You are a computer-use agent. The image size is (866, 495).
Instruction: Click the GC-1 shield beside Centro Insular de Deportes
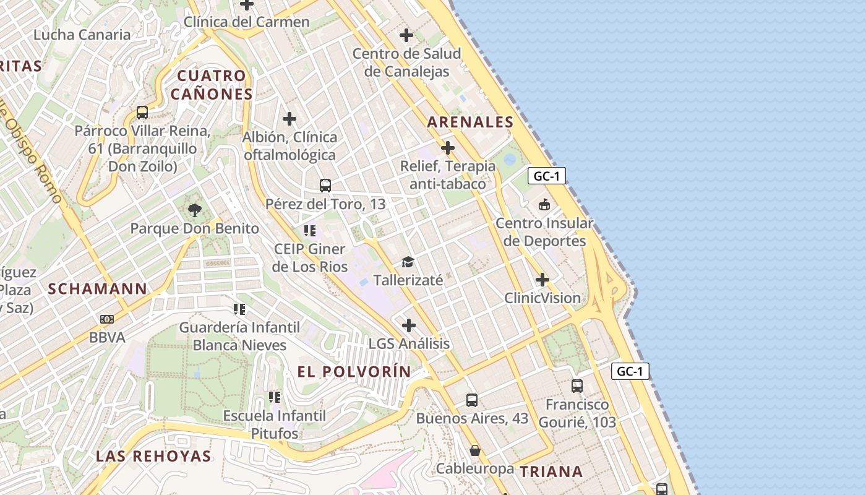pyautogui.click(x=547, y=176)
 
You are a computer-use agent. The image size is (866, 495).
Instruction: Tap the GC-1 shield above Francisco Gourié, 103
pyautogui.click(x=631, y=371)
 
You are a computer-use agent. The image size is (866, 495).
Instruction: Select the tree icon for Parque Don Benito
pyautogui.click(x=195, y=210)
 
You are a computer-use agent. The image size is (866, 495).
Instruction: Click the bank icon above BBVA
pyautogui.click(x=107, y=319)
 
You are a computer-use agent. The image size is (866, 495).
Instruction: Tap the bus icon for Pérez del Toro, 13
pyautogui.click(x=325, y=185)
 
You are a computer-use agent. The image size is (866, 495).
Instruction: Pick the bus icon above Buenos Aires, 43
pyautogui.click(x=472, y=400)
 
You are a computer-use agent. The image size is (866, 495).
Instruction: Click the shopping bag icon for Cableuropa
pyautogui.click(x=475, y=450)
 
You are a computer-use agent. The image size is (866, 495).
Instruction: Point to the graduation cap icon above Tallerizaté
pyautogui.click(x=408, y=262)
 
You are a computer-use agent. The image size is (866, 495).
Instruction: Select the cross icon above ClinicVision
pyautogui.click(x=542, y=280)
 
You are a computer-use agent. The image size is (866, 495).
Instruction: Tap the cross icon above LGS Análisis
pyautogui.click(x=409, y=325)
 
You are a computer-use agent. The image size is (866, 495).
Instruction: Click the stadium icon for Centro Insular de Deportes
pyautogui.click(x=544, y=204)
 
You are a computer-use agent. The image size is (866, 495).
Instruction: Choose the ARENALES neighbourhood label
pyautogui.click(x=470, y=122)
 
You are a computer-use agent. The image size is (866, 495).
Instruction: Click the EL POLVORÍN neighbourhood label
pyautogui.click(x=354, y=371)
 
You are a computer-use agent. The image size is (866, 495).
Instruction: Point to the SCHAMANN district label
pyautogui.click(x=98, y=288)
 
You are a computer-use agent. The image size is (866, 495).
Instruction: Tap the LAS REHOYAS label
pyautogui.click(x=153, y=456)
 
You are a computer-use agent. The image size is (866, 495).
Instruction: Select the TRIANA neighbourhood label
pyautogui.click(x=551, y=471)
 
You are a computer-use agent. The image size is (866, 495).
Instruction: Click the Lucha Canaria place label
pyautogui.click(x=82, y=35)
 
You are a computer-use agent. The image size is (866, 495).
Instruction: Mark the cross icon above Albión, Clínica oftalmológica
pyautogui.click(x=289, y=118)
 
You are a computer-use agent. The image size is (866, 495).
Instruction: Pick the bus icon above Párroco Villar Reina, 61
pyautogui.click(x=142, y=113)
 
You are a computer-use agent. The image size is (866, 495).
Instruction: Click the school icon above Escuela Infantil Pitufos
pyautogui.click(x=275, y=397)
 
